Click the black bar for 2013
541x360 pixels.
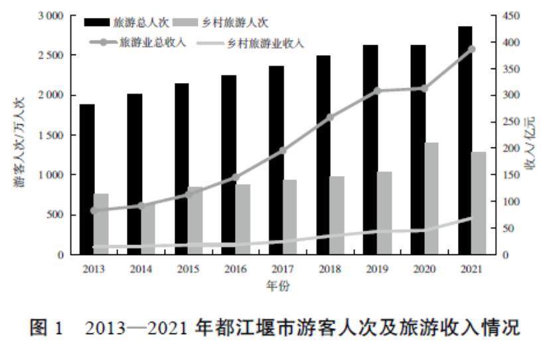(x=87, y=179)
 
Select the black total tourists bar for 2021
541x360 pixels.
(x=465, y=140)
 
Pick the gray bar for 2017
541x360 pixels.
(x=290, y=217)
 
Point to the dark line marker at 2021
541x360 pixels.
(x=472, y=48)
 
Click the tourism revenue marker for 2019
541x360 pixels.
(x=378, y=90)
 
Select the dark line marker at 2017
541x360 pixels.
(x=283, y=150)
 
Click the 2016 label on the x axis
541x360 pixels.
(x=235, y=269)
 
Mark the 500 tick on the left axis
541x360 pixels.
(x=56, y=215)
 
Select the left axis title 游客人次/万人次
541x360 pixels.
(x=19, y=136)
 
